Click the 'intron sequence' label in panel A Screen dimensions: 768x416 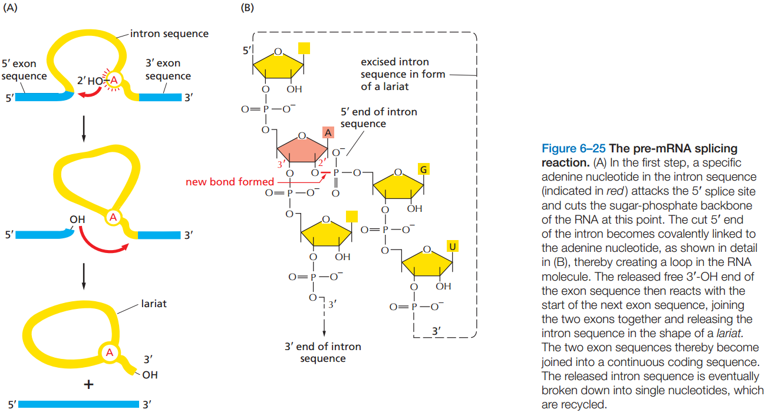tap(169, 34)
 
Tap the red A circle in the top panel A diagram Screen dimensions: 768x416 tap(114, 80)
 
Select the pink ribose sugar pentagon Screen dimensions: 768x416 tap(302, 148)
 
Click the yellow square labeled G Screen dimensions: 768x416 tap(423, 169)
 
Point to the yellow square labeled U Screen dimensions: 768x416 tap(452, 247)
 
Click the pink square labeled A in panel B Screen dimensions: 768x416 tap(328, 132)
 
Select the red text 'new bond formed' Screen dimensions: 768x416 tap(230, 181)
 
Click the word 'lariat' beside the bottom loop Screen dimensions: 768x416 tap(154, 304)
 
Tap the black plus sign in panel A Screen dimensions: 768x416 tap(88, 384)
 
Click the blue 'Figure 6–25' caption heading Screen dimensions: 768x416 tap(573, 148)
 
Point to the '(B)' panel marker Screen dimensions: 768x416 tap(247, 8)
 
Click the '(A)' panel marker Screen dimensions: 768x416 tap(10, 8)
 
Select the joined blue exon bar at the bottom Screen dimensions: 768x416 tap(78, 404)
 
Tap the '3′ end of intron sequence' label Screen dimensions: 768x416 tap(322, 352)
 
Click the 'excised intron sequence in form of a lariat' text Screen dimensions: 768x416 tap(403, 74)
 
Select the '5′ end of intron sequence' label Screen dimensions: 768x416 tap(378, 118)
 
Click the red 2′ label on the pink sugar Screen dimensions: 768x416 tap(322, 162)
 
